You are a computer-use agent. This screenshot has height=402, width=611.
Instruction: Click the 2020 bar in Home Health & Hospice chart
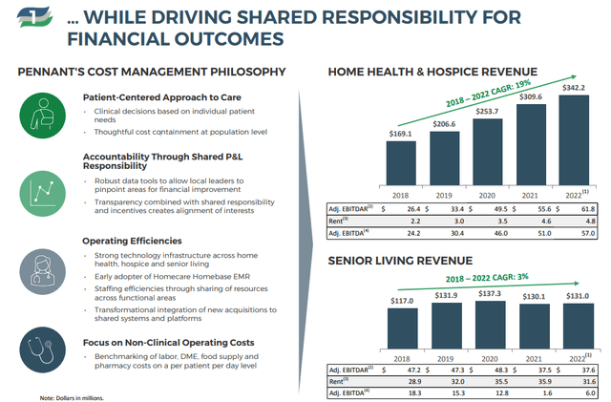point(488,152)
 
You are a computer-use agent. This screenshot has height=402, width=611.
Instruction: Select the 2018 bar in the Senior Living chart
point(403,328)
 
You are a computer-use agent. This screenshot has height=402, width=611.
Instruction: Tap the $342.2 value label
point(574,88)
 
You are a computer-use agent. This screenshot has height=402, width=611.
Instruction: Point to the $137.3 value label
point(490,293)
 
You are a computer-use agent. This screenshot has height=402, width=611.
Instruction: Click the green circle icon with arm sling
point(42,116)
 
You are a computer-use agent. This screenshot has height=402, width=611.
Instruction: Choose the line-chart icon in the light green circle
point(42,194)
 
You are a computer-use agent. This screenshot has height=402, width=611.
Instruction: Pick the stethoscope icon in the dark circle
point(42,349)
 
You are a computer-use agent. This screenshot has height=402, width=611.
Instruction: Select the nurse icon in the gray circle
point(42,272)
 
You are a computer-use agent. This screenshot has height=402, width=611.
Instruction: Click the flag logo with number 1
point(34,17)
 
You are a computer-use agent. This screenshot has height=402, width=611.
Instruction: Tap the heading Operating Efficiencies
point(132,241)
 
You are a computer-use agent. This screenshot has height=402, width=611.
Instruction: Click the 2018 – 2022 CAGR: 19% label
point(488,94)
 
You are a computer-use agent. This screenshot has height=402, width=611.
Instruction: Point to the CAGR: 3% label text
point(487,278)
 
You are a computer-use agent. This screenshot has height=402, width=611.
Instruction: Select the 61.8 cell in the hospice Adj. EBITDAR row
point(588,209)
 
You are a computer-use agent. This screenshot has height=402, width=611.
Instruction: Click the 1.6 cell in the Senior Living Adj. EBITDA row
point(547,393)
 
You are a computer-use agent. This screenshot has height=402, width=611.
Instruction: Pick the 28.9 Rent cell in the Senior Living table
point(414,381)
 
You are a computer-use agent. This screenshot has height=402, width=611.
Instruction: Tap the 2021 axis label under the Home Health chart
point(530,196)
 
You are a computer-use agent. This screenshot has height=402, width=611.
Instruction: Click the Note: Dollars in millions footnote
point(72,398)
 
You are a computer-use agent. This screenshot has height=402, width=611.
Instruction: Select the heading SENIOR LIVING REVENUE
point(400,261)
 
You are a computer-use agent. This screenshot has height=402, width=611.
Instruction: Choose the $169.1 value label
point(401,134)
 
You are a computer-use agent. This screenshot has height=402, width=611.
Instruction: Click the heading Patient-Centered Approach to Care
point(162,97)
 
